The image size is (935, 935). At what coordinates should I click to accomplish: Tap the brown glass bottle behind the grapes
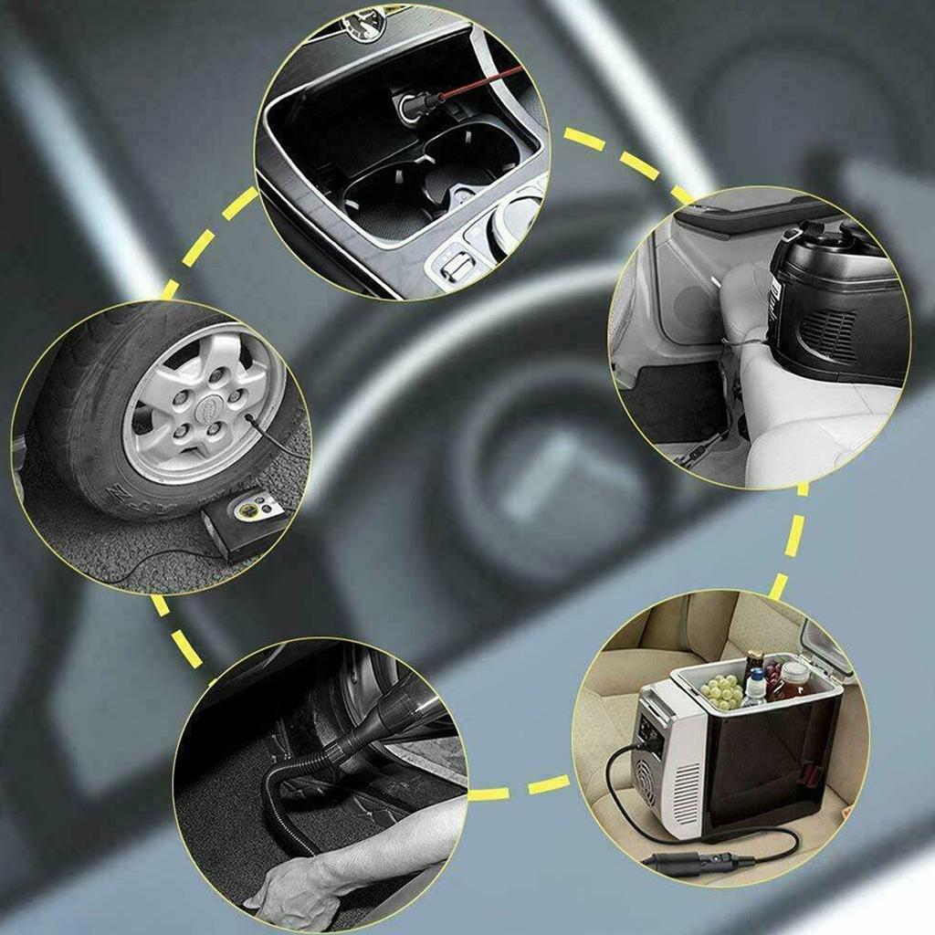pyautogui.click(x=751, y=661)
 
